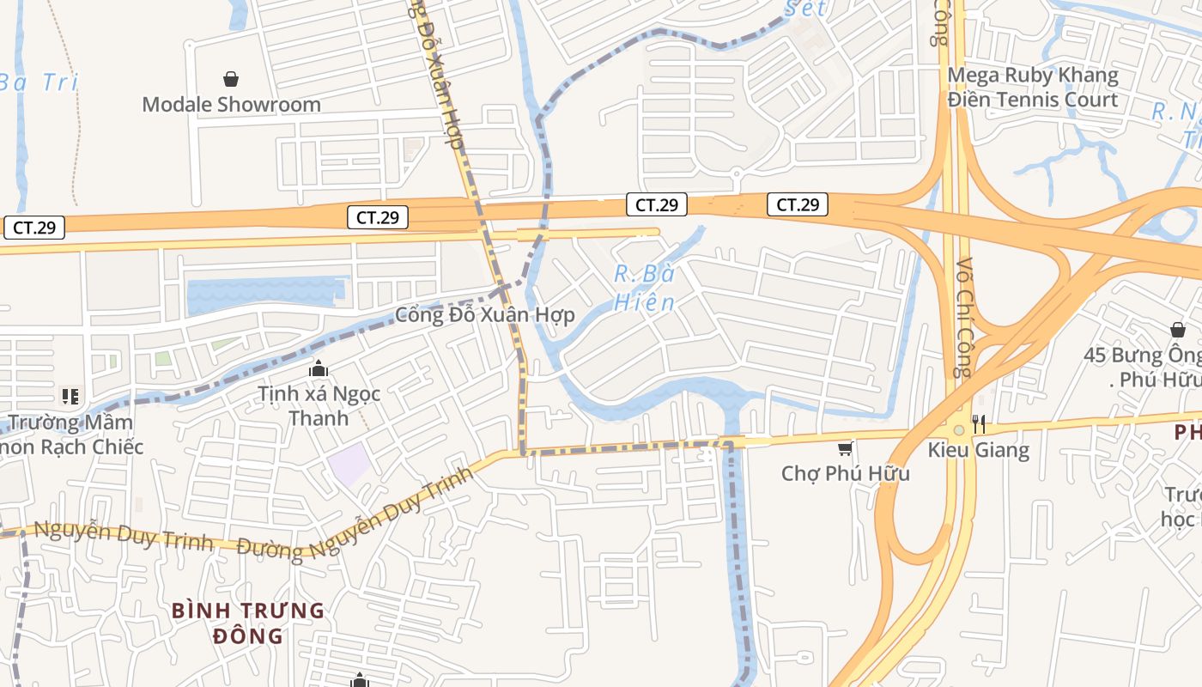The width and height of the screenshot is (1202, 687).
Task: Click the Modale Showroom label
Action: coord(231,105)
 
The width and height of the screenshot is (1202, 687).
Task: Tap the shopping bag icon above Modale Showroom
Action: coord(231,80)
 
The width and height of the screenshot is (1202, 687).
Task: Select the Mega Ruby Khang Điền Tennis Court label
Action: coord(1032,88)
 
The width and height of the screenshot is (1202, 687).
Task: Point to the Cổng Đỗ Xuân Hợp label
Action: coord(484,314)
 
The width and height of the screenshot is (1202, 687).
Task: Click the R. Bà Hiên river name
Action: coord(645,289)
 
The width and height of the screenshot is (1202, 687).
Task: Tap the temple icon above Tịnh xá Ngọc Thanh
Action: coord(319,369)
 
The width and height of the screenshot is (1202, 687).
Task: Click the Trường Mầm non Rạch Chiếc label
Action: coord(72,435)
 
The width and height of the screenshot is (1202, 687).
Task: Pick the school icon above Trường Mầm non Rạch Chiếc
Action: coord(70,396)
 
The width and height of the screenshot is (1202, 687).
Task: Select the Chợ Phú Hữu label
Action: coord(845,473)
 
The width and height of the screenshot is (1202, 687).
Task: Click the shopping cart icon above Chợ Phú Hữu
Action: coord(846,447)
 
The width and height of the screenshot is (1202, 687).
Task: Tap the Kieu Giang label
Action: coord(978,450)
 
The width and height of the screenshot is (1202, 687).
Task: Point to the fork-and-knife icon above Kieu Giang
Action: coord(978,424)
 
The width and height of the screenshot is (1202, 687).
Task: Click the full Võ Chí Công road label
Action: coord(962,318)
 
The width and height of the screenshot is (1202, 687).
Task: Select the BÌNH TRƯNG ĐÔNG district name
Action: coord(248,623)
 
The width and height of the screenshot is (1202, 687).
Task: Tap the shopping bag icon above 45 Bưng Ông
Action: coord(1177,330)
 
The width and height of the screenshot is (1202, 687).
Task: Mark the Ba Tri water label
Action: coord(39,82)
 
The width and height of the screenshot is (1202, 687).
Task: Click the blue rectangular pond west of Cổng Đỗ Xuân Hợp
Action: coord(265,293)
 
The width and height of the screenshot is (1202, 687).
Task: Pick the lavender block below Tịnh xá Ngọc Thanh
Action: coord(349,464)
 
